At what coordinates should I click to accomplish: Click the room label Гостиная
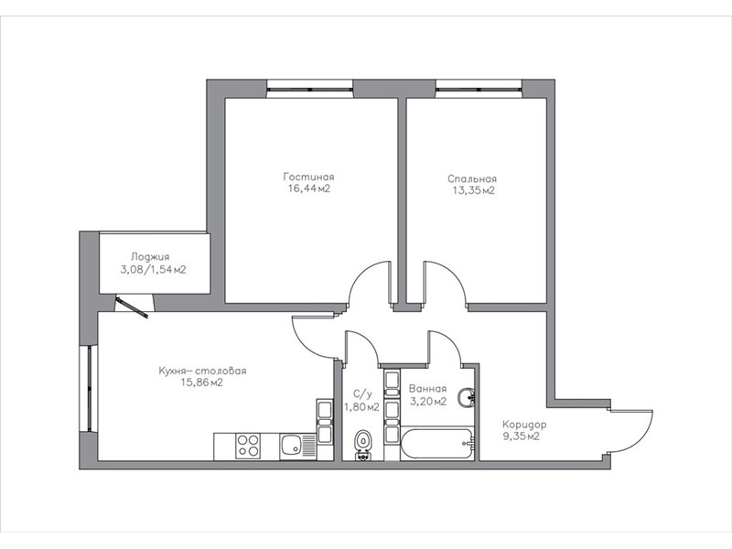tap(308, 177)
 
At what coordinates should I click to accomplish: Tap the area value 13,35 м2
tap(473, 190)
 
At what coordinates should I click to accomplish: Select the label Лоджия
tap(150, 257)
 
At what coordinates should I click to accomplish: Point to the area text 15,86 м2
tap(202, 382)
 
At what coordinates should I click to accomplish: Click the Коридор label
tap(524, 425)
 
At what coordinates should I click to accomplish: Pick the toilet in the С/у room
tap(362, 445)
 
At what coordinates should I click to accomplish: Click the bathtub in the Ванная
tap(437, 444)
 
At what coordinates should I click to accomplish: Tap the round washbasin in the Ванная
tap(467, 399)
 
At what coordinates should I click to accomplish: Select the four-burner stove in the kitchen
tap(247, 447)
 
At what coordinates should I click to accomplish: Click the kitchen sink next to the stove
tap(292, 445)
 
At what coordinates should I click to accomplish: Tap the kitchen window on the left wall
tap(88, 388)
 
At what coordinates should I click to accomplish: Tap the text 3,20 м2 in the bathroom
tap(428, 402)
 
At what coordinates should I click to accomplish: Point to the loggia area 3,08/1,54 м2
tap(153, 270)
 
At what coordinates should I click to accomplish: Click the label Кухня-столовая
tap(202, 371)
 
